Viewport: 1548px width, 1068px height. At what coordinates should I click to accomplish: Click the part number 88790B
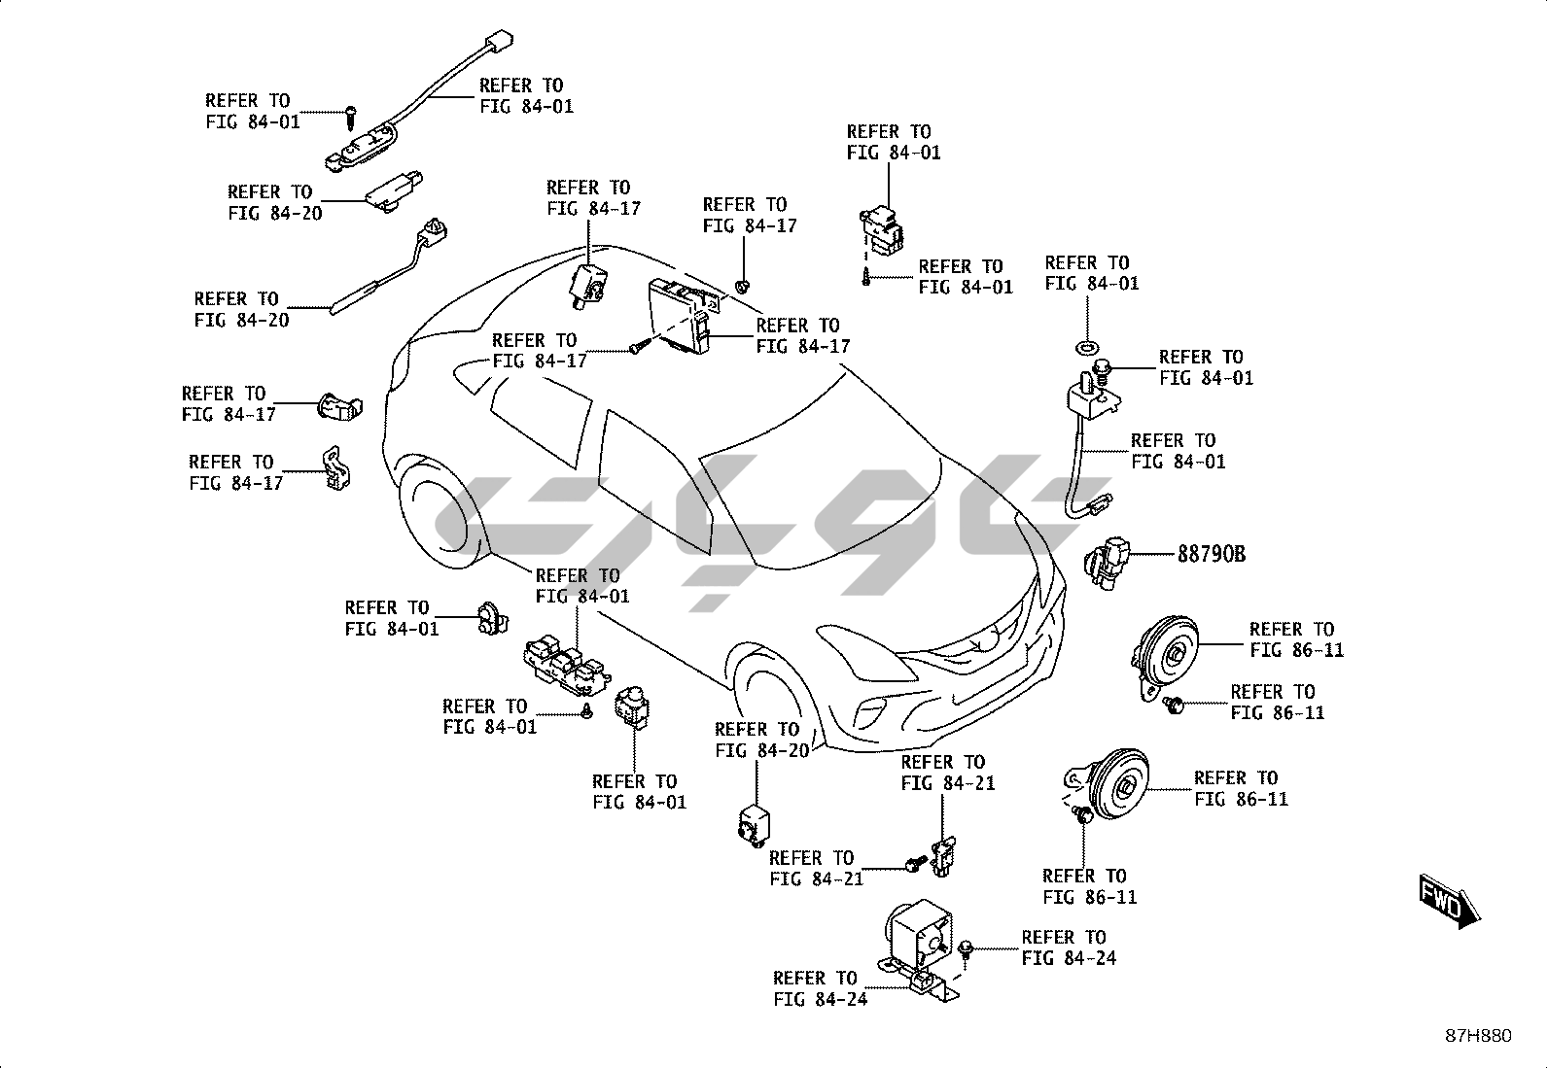coord(1211,554)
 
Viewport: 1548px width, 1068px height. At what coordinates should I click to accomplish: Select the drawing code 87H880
coord(1477,1036)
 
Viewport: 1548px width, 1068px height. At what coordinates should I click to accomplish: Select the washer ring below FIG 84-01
coord(1086,347)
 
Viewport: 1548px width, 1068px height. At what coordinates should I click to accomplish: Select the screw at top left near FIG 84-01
coord(348,116)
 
